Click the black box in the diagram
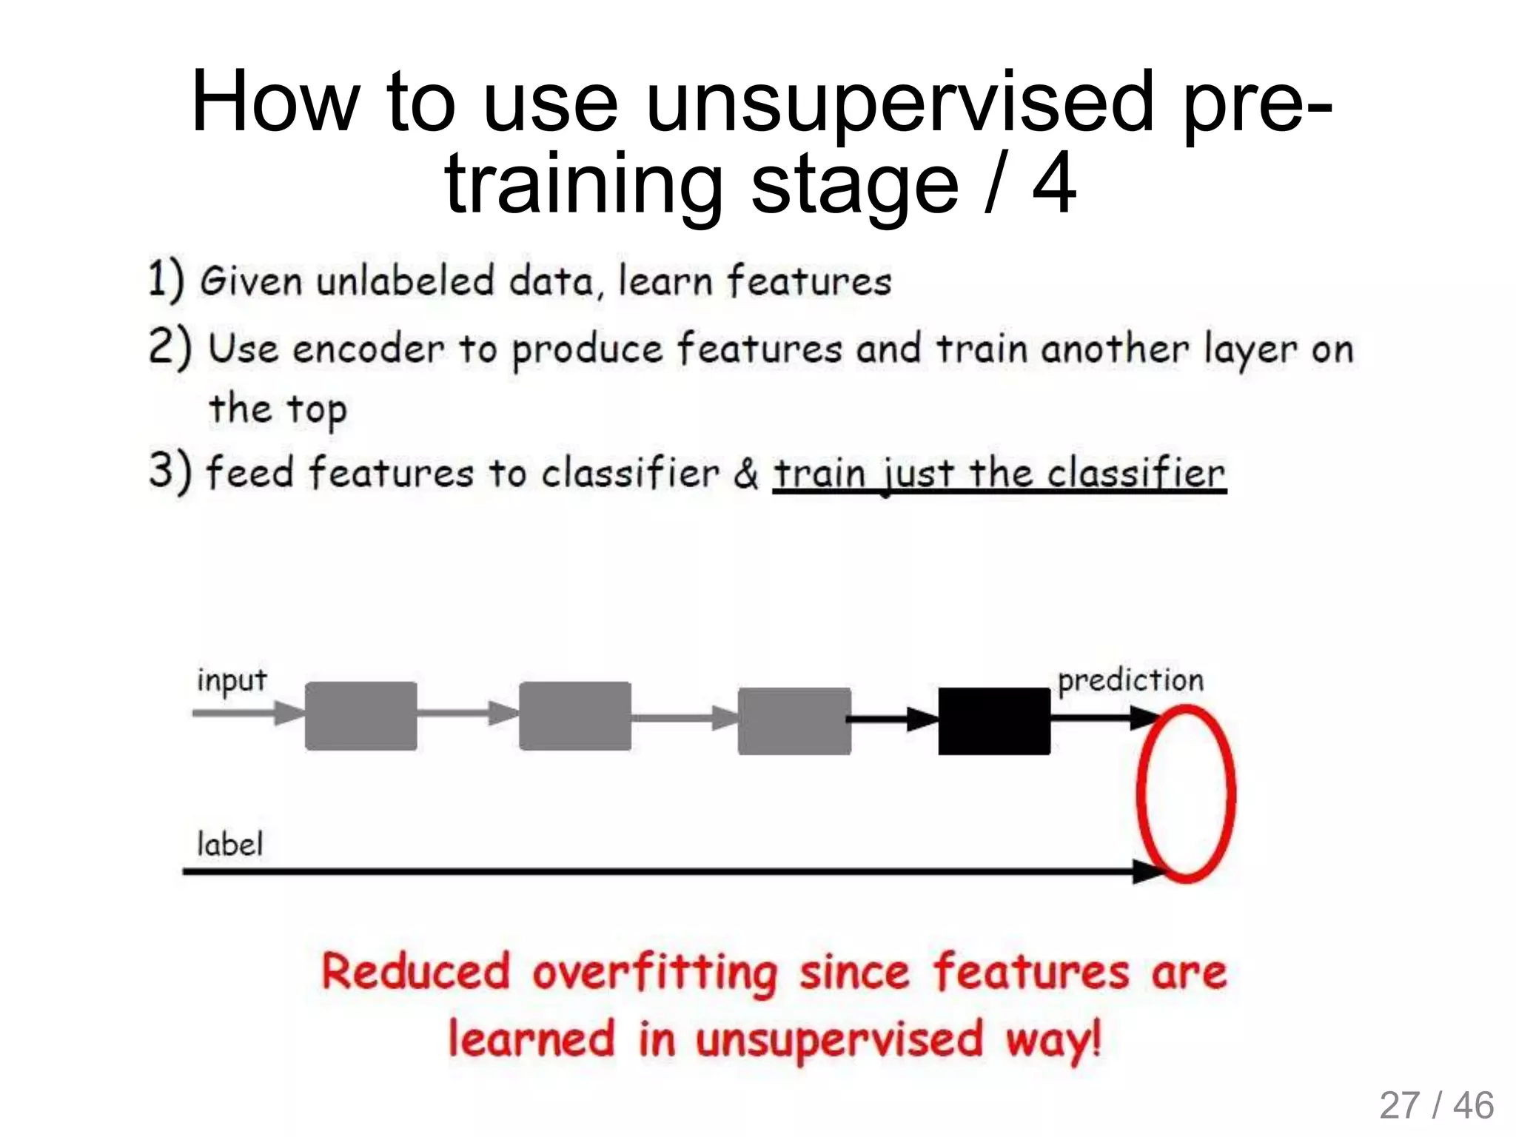993,720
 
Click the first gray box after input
360,716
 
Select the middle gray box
574,716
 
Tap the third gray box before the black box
794,720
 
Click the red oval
1186,794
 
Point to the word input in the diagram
231,680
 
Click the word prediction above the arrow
1130,680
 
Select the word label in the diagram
229,844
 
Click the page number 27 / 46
1436,1106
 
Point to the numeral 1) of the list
165,281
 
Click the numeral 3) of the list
170,472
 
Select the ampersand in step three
746,474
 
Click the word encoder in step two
368,349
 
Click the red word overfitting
654,972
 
